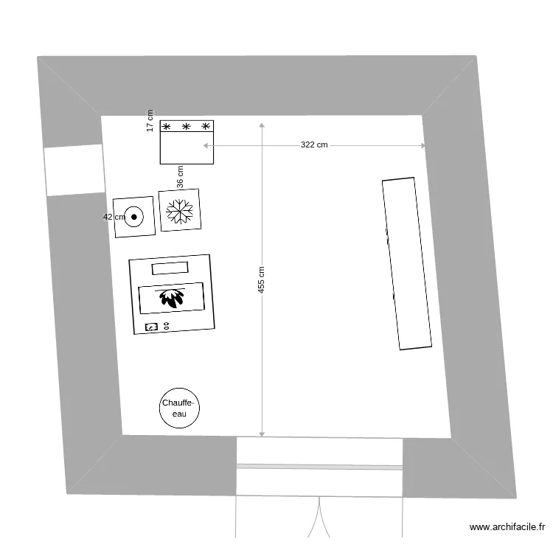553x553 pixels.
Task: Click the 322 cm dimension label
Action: [314, 145]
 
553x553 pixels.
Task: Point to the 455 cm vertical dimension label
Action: [262, 280]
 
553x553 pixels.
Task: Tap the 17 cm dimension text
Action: [150, 121]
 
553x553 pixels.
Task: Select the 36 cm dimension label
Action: [180, 177]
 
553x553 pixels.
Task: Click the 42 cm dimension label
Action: [114, 217]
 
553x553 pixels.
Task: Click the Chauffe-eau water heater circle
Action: [180, 408]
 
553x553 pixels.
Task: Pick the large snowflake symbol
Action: [180, 211]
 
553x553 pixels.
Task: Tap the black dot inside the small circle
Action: [134, 217]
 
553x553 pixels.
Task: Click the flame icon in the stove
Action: [172, 298]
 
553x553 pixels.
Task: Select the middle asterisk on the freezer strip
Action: [187, 127]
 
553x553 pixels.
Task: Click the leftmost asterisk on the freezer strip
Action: [167, 127]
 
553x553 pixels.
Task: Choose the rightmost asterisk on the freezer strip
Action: [206, 127]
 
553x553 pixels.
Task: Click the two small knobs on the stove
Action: [167, 325]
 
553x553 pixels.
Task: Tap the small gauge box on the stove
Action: [151, 326]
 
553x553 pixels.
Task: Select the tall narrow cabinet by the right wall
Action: [406, 263]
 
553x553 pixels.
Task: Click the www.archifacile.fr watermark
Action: [507, 527]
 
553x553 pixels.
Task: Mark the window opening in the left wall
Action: [74, 170]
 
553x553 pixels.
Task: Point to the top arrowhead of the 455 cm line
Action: [262, 125]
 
